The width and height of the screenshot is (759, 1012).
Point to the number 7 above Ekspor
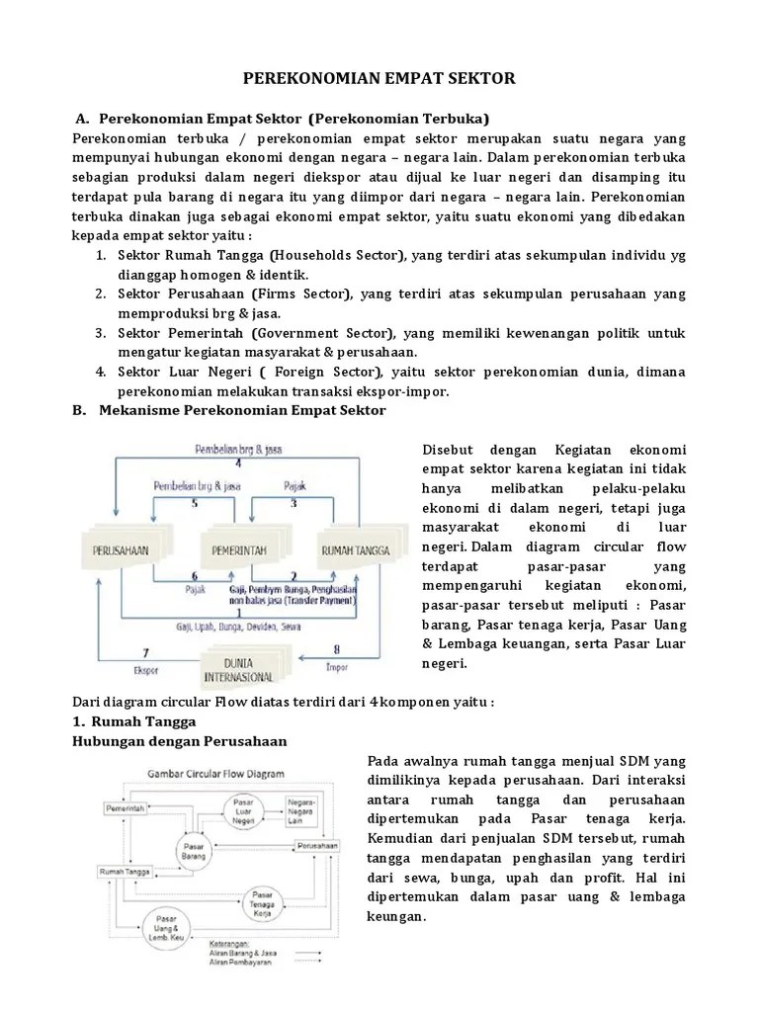145,653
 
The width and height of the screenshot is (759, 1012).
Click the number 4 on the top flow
237,463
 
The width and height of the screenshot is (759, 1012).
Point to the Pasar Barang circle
194,850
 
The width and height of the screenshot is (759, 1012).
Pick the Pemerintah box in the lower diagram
126,808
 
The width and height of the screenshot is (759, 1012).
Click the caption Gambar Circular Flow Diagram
216,774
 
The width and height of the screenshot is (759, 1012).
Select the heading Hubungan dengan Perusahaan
181,740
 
